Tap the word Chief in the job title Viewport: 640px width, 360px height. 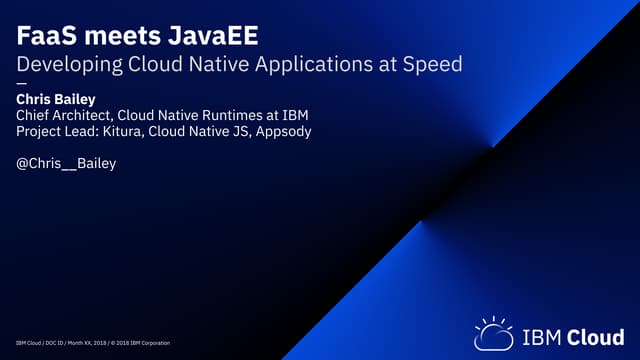click(36, 116)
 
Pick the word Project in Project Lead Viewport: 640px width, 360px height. click(42, 132)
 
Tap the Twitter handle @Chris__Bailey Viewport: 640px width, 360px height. click(67, 163)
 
